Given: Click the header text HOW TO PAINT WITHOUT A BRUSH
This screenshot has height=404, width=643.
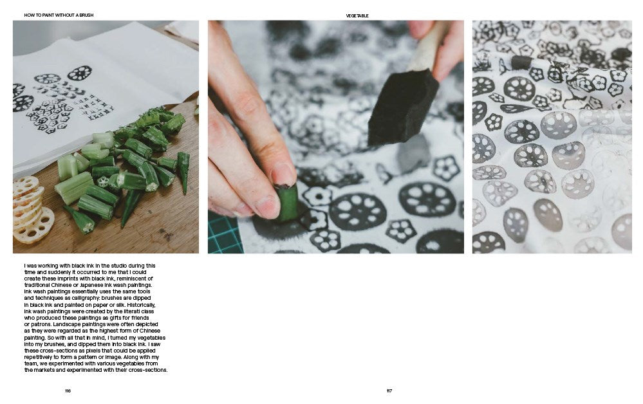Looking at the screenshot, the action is coord(59,15).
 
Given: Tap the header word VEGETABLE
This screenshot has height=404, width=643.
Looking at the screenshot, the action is coord(357,15).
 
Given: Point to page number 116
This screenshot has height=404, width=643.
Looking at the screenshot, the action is coord(68,391).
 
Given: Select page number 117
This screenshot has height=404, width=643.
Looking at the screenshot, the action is coord(389,391).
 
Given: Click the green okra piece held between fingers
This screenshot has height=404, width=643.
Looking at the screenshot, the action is coord(286,202).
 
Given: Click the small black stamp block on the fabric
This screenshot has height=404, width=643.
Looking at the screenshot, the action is coord(521,62).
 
